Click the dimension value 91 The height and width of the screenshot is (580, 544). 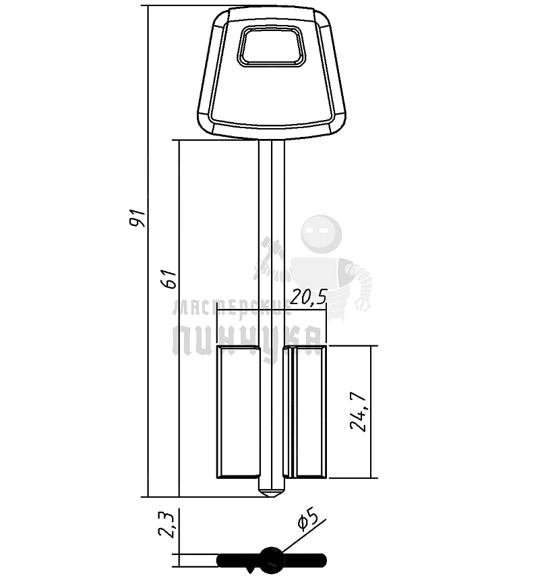[x=138, y=218]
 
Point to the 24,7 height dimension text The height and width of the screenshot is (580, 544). [x=359, y=411]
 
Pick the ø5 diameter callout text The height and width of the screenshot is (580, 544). [x=307, y=520]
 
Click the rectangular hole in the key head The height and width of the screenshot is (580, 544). [x=272, y=47]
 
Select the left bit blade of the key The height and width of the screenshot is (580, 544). [x=238, y=411]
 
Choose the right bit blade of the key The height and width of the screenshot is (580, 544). [x=305, y=411]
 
